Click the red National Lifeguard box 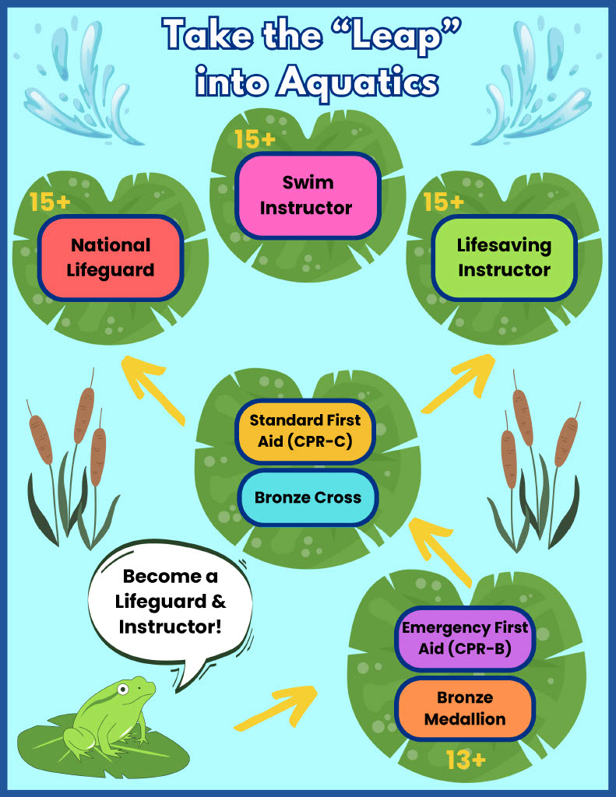(111, 258)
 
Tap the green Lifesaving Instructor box (504, 258)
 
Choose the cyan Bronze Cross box (308, 497)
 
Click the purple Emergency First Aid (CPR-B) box (464, 637)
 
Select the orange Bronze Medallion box (464, 708)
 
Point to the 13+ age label (466, 760)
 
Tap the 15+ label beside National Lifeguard (50, 202)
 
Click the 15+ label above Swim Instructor (255, 140)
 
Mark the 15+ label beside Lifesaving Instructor (444, 202)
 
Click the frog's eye (122, 689)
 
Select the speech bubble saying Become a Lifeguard (171, 601)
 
